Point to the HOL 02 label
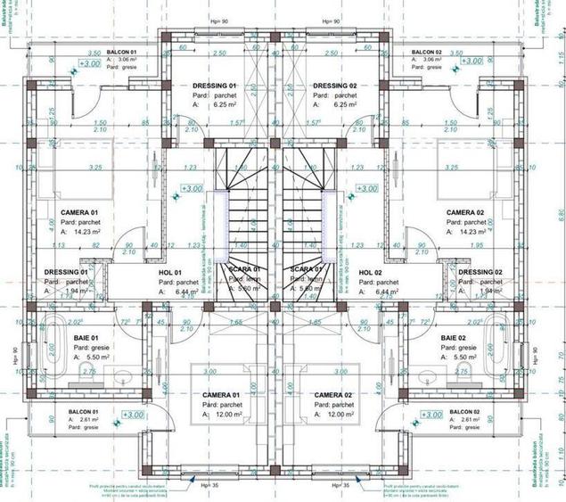click(x=370, y=272)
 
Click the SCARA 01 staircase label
click(x=244, y=268)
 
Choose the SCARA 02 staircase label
click(x=305, y=268)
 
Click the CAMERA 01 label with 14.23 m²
click(x=79, y=212)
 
